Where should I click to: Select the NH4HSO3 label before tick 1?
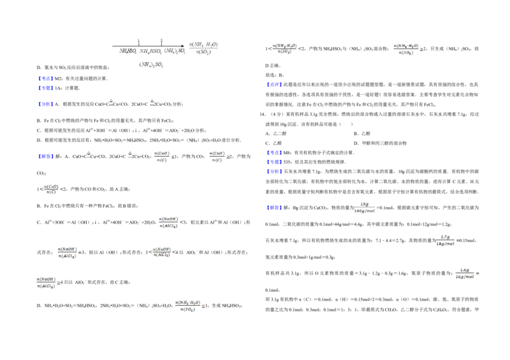tap(128, 51)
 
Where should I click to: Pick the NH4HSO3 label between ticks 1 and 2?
tap(150, 51)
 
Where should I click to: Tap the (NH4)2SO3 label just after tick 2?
tap(173, 51)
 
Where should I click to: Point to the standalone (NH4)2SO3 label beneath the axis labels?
tap(152, 64)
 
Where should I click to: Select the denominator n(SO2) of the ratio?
tap(204, 52)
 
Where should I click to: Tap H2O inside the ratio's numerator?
tap(212, 44)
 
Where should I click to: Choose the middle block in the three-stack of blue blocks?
tap(273, 162)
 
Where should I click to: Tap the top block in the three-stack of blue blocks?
tap(273, 152)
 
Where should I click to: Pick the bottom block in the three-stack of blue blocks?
tap(273, 171)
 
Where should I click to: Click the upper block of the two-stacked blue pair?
tap(45, 78)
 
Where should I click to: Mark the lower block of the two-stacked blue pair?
tap(45, 87)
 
